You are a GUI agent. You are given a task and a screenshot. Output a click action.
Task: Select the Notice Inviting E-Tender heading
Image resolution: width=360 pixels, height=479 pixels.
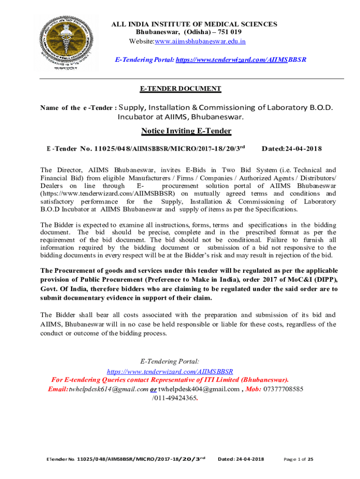[x=186, y=131]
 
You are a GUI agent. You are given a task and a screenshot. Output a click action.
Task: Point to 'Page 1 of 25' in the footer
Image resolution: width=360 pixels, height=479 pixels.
[x=298, y=459]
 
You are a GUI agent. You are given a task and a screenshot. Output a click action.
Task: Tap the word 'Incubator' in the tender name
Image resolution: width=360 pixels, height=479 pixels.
[x=135, y=116]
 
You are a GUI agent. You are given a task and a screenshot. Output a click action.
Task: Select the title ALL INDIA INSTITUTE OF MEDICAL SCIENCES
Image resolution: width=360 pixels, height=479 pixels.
[x=194, y=24]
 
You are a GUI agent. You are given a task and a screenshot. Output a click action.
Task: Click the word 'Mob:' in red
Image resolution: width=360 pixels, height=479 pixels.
[x=253, y=389]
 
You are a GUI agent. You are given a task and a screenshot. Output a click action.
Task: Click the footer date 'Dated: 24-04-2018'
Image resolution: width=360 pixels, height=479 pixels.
[x=241, y=459]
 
